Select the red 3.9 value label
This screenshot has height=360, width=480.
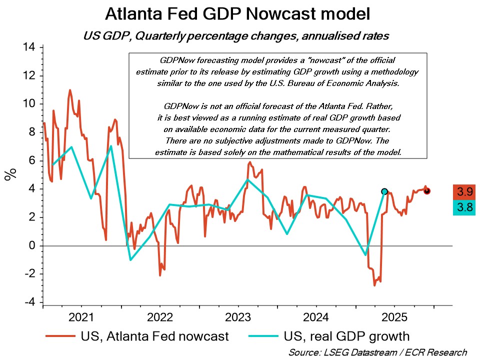pyautogui.click(x=463, y=191)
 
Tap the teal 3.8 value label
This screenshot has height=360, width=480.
pyautogui.click(x=463, y=207)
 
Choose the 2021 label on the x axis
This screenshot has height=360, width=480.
pyautogui.click(x=81, y=317)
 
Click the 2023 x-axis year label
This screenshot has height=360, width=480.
pyautogui.click(x=237, y=317)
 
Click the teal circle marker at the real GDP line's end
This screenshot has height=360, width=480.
pyautogui.click(x=384, y=191)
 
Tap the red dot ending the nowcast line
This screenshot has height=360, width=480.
pyautogui.click(x=427, y=191)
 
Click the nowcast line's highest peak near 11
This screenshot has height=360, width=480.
pyautogui.click(x=70, y=90)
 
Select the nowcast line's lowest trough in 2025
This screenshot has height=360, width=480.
pyautogui.click(x=374, y=285)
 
